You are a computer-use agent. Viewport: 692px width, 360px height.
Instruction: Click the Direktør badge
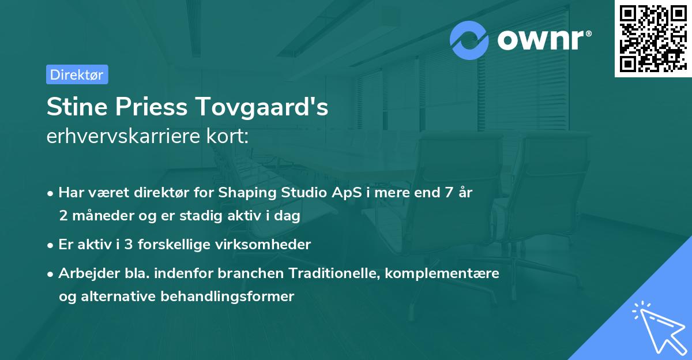tap(77, 74)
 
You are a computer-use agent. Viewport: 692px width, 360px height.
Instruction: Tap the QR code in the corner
tap(653, 39)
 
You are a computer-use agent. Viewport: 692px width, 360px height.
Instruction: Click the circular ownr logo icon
tap(469, 40)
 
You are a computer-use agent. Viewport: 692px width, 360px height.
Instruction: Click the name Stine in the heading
tap(76, 107)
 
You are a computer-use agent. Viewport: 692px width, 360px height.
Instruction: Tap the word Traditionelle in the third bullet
tap(336, 273)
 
